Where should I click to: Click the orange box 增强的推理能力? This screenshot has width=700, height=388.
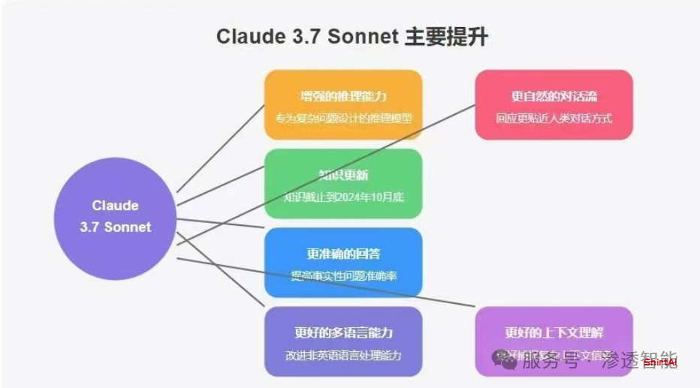pos(343,105)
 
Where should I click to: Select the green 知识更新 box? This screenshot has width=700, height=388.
pos(343,184)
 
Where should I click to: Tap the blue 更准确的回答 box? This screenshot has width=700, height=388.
pos(343,263)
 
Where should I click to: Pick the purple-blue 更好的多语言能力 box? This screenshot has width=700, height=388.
pos(343,341)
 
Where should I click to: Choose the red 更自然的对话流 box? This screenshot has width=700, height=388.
pos(554,105)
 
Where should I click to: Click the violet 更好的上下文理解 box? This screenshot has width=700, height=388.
pos(554,341)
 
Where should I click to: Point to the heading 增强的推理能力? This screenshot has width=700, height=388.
pos(343,95)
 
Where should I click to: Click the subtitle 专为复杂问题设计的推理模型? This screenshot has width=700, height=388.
pos(343,119)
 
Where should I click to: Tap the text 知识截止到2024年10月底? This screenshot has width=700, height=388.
pos(343,198)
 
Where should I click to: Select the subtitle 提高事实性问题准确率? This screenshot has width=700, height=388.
pos(343,276)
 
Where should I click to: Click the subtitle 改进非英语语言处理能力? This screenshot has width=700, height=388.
pos(343,355)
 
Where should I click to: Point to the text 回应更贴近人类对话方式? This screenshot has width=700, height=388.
pos(554,119)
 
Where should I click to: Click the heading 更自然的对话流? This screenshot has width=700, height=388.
pos(554,95)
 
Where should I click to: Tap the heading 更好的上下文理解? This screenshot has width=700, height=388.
pos(554,332)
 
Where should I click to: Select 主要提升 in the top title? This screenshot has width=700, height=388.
pos(446,37)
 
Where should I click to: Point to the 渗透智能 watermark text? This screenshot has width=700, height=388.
pos(635,359)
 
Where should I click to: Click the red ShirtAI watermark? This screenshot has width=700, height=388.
pos(660,362)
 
